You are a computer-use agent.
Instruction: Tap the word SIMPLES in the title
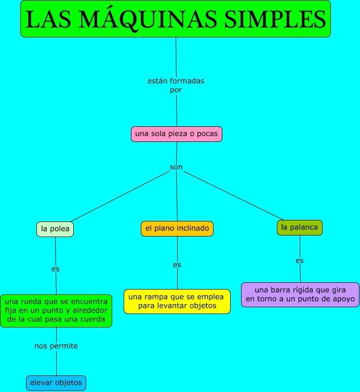(275, 19)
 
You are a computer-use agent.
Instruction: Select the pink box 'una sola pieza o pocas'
(177, 134)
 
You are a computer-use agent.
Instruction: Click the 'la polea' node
(55, 229)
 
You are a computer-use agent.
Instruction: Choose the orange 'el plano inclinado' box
(177, 228)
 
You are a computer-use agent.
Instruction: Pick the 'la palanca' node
(300, 227)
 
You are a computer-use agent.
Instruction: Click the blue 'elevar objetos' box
(56, 383)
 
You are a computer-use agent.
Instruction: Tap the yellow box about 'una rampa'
(177, 301)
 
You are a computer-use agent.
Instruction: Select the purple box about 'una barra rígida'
(300, 294)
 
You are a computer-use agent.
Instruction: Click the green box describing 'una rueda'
(56, 310)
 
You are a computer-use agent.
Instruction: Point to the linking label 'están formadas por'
(176, 85)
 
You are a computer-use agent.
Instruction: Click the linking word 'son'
(177, 167)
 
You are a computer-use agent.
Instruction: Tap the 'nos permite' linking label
(56, 346)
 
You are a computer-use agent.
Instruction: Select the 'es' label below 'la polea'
(56, 269)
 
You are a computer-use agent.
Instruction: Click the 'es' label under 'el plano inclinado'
(177, 265)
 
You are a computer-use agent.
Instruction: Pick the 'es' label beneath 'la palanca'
(300, 260)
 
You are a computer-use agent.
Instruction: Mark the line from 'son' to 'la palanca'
(234, 195)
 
